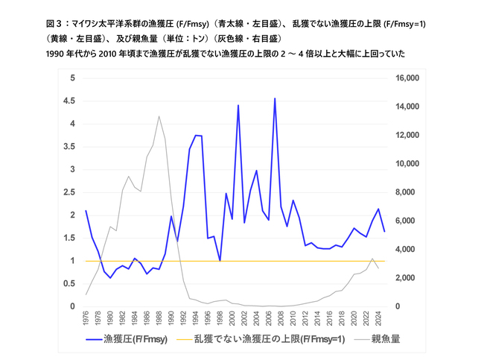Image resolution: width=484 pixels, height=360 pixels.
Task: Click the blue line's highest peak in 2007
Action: (x=275, y=98)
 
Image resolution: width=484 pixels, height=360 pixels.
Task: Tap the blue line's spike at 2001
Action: (x=238, y=105)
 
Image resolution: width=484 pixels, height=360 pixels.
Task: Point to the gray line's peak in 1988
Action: (x=159, y=116)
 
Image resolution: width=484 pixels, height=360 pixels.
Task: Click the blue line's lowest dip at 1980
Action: (x=110, y=278)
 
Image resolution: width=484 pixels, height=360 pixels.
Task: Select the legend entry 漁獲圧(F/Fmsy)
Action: (x=127, y=339)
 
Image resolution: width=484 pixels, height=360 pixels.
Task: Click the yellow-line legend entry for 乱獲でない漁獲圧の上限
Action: (x=261, y=339)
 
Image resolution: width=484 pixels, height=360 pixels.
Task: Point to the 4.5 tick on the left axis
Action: (x=69, y=101)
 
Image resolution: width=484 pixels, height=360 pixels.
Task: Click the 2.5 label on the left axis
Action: (x=69, y=192)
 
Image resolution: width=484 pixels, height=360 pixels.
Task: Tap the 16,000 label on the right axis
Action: (x=407, y=78)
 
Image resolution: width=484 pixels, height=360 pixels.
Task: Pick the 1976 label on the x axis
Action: (x=86, y=318)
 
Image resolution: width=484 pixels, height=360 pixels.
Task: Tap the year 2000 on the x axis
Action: (x=232, y=318)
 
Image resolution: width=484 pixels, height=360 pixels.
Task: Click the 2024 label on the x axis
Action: (x=378, y=318)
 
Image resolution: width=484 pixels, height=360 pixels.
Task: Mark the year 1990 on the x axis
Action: (x=171, y=318)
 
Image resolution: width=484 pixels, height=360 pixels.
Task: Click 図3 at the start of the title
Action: (x=54, y=24)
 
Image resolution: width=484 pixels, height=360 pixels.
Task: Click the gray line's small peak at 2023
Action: (x=372, y=259)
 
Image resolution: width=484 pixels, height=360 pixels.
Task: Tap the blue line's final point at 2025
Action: (x=384, y=231)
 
